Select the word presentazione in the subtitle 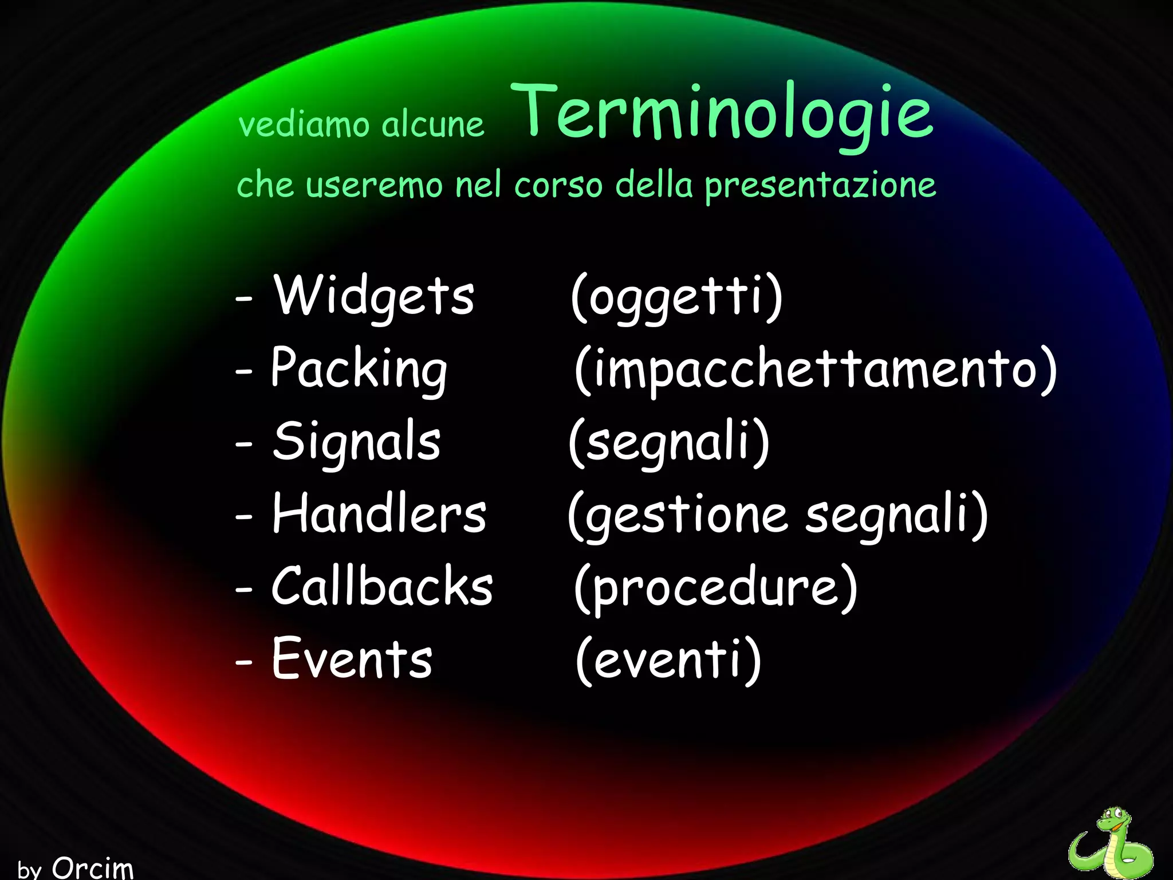[820, 185]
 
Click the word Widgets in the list [373, 296]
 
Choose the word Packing [359, 368]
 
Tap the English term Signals [356, 441]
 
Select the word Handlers [379, 513]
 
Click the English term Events [352, 658]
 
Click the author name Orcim [93, 867]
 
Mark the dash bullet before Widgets [244, 299]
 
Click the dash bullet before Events [244, 661]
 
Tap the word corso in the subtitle [558, 185]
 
